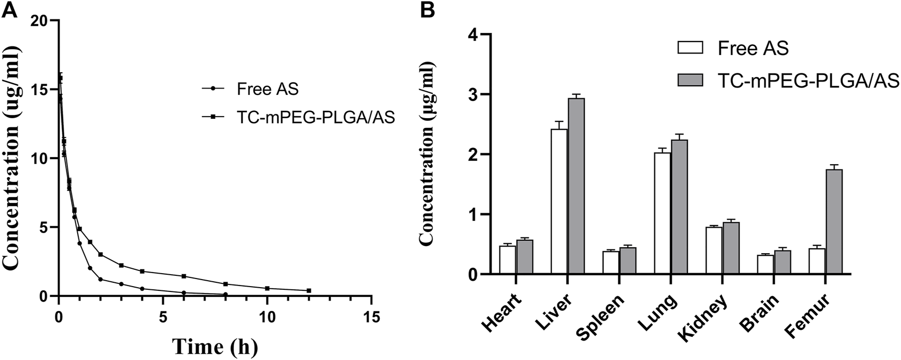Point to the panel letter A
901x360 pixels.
pyautogui.click(x=9, y=9)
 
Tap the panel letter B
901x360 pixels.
pyautogui.click(x=427, y=9)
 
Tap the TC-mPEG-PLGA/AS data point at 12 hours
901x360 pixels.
pyautogui.click(x=309, y=290)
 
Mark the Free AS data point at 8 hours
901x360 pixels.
pyautogui.click(x=226, y=294)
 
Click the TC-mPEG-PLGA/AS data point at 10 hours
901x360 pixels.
pyautogui.click(x=267, y=288)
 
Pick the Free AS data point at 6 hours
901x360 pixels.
pyautogui.click(x=184, y=293)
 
